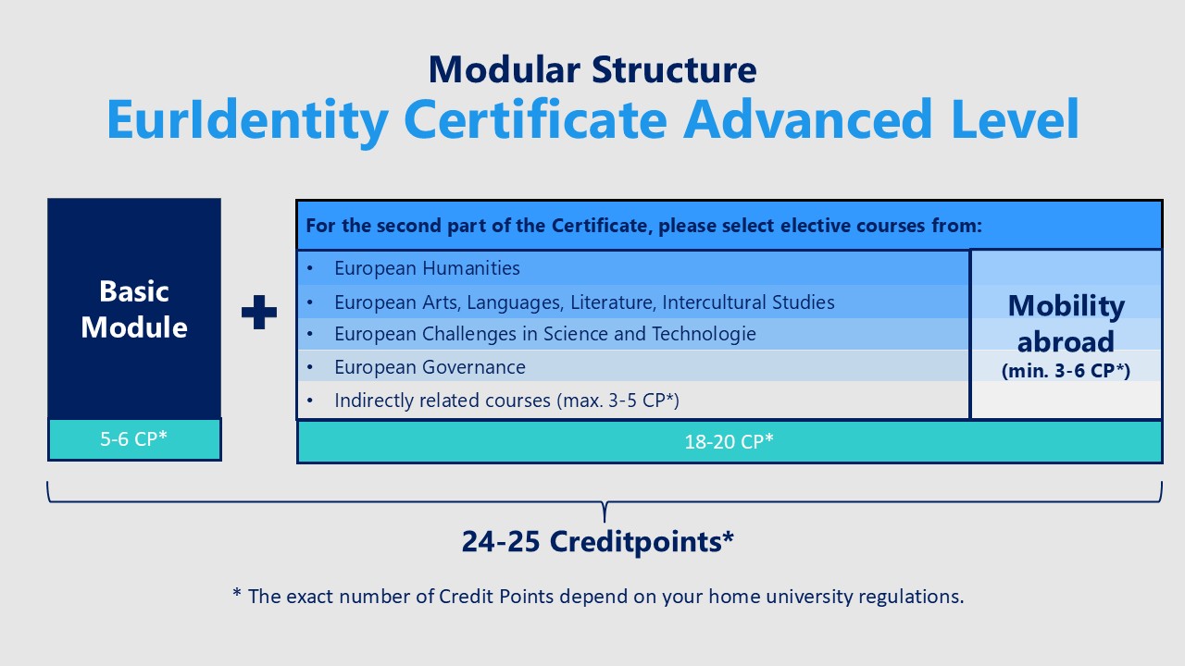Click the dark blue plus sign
(258, 312)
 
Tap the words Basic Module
(134, 309)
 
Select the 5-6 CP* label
(134, 438)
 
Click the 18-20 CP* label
(729, 441)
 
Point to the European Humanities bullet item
(427, 268)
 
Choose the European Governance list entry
(430, 367)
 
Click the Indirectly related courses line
(506, 401)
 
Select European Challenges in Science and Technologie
(545, 334)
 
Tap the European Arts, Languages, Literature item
(584, 302)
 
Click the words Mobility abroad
(1066, 324)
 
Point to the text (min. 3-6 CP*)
(1066, 371)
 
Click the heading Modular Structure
(592, 69)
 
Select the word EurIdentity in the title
(247, 120)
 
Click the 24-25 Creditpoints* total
(598, 541)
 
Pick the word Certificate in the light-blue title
(535, 118)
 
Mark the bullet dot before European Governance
(310, 367)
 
